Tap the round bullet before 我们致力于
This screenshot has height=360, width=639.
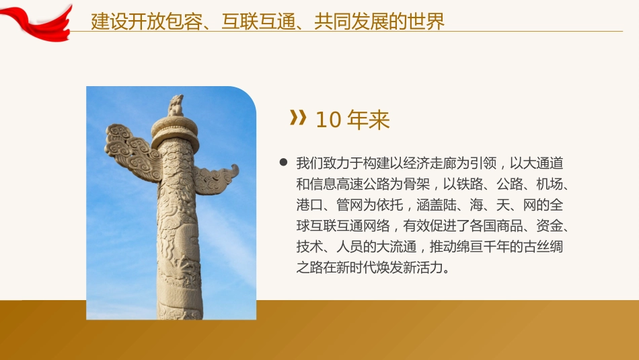(x=283, y=163)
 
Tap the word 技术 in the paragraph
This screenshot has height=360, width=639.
(x=309, y=246)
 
